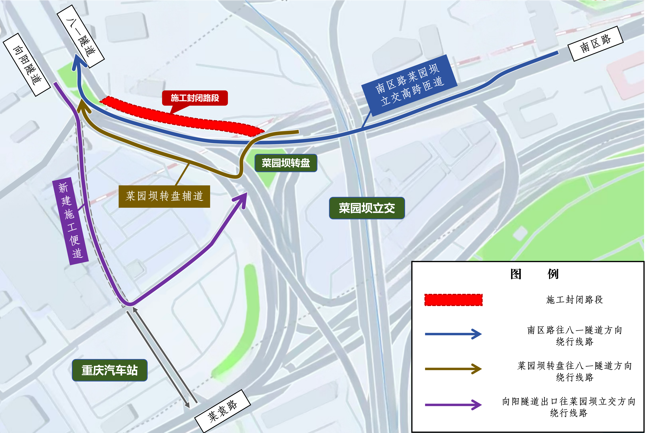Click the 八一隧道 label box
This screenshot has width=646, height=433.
pyautogui.click(x=81, y=36)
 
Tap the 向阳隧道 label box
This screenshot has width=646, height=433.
pyautogui.click(x=27, y=65)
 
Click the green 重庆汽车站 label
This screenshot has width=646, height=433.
pyautogui.click(x=110, y=370)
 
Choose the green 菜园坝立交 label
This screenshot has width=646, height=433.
pyautogui.click(x=367, y=208)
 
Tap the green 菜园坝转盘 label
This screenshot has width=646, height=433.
pyautogui.click(x=286, y=163)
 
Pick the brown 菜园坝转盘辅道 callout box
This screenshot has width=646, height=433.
pyautogui.click(x=164, y=196)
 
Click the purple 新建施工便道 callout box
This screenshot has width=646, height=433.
pyautogui.click(x=70, y=221)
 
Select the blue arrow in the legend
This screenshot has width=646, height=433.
pyautogui.click(x=453, y=334)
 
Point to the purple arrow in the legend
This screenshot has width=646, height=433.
pyautogui.click(x=453, y=405)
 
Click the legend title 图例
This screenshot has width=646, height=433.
pyautogui.click(x=534, y=274)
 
